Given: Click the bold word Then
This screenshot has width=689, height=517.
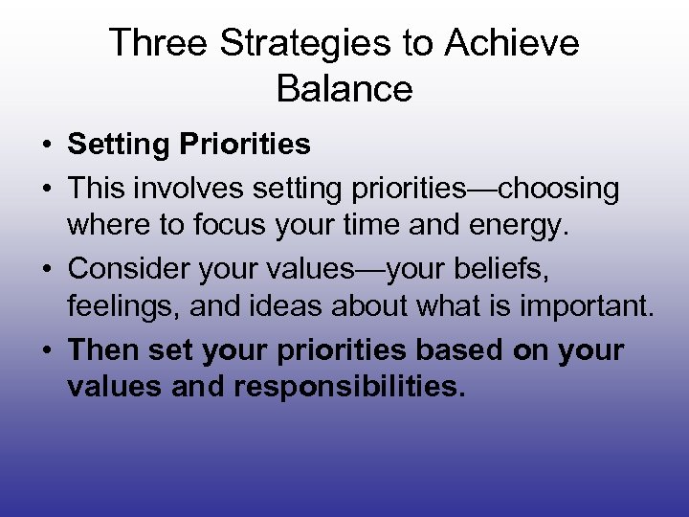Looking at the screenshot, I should (x=103, y=350).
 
